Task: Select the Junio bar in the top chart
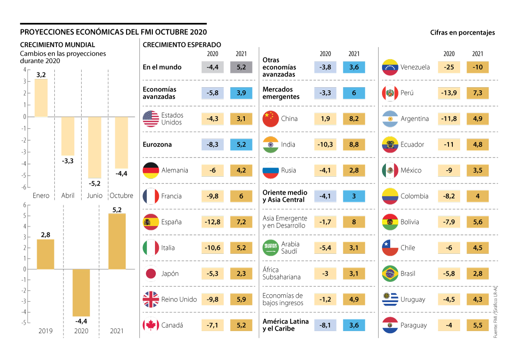(x=95, y=147)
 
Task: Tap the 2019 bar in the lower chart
(x=45, y=254)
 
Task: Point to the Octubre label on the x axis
(x=121, y=196)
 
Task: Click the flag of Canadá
(x=151, y=325)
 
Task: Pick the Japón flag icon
(x=151, y=274)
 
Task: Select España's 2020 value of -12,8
(x=212, y=222)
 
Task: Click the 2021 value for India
(x=354, y=145)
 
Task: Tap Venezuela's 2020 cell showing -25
(x=449, y=67)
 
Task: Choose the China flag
(x=271, y=119)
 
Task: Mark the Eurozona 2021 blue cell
(x=241, y=145)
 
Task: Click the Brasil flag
(x=390, y=274)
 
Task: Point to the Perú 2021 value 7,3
(x=477, y=93)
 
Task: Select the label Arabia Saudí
(x=290, y=247)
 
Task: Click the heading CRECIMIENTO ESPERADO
(x=182, y=45)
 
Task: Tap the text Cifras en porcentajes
(x=462, y=32)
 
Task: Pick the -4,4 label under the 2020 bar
(x=81, y=321)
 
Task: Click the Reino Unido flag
(x=151, y=300)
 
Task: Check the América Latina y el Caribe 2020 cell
(x=325, y=325)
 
